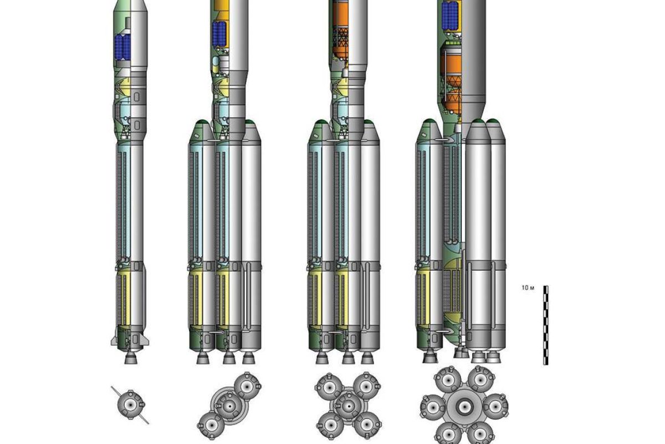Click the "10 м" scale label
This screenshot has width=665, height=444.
(528, 288)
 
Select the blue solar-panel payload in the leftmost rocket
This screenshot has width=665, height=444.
(122, 48)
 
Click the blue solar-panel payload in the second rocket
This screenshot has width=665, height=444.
(219, 34)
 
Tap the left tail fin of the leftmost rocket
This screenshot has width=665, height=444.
(114, 341)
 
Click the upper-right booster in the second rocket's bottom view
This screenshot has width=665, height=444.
(247, 386)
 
